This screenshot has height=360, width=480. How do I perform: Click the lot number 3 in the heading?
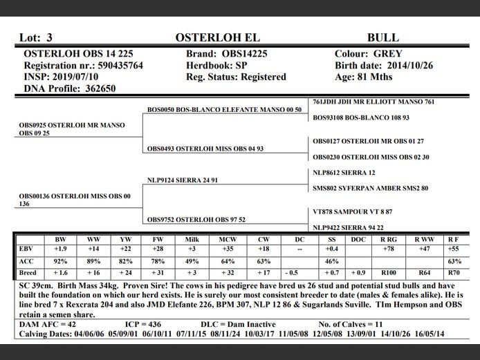click(49, 38)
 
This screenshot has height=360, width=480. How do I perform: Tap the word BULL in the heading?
click(383, 38)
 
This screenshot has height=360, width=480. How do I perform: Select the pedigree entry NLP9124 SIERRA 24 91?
click(183, 180)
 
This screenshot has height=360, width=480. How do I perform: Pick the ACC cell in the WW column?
click(93, 261)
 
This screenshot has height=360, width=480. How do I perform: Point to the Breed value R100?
click(389, 273)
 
